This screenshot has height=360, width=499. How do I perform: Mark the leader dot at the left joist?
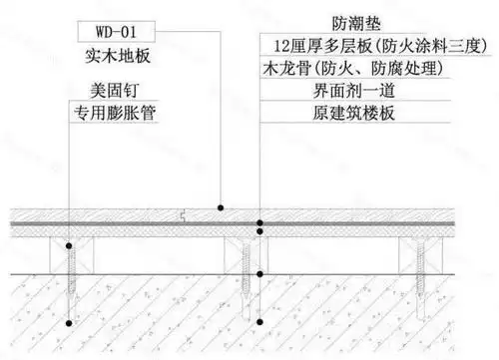[67, 243]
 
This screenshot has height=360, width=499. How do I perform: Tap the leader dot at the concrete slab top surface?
[258, 273]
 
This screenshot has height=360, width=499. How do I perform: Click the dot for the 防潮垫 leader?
[258, 222]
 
